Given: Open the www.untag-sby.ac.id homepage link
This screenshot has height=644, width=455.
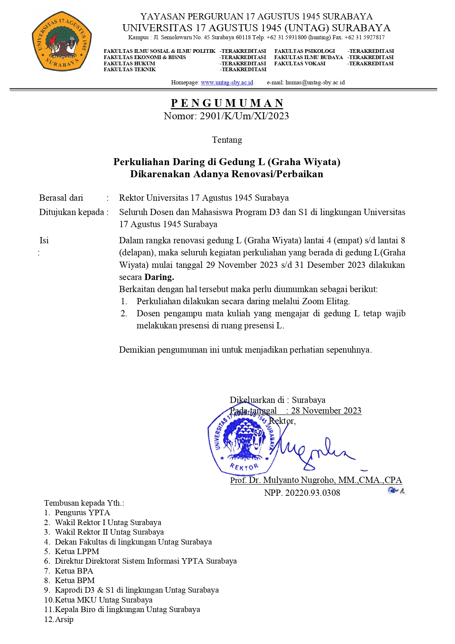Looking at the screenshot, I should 227,83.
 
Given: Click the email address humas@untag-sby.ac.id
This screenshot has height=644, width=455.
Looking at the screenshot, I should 315,83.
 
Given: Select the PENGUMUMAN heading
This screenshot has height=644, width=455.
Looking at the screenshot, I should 227,103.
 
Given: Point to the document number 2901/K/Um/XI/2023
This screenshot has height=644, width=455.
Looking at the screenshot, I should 244,116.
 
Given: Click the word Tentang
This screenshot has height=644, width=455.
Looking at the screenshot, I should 227,140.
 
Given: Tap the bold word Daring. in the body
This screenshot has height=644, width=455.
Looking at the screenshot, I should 159,277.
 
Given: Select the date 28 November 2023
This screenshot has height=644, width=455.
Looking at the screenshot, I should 326,411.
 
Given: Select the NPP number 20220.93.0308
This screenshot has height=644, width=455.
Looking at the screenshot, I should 312,493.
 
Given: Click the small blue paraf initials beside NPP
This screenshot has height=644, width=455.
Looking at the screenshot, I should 396,491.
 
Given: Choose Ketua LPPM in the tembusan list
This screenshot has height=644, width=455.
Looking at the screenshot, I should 77,552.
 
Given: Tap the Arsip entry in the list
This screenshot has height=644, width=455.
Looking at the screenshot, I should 64,619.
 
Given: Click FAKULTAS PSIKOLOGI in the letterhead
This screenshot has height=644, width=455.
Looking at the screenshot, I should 305,51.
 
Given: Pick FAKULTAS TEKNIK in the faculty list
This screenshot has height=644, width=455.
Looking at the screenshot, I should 130,69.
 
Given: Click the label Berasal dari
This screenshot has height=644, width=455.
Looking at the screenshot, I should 61,198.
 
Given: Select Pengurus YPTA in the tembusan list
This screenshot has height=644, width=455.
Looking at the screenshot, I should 82,513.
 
